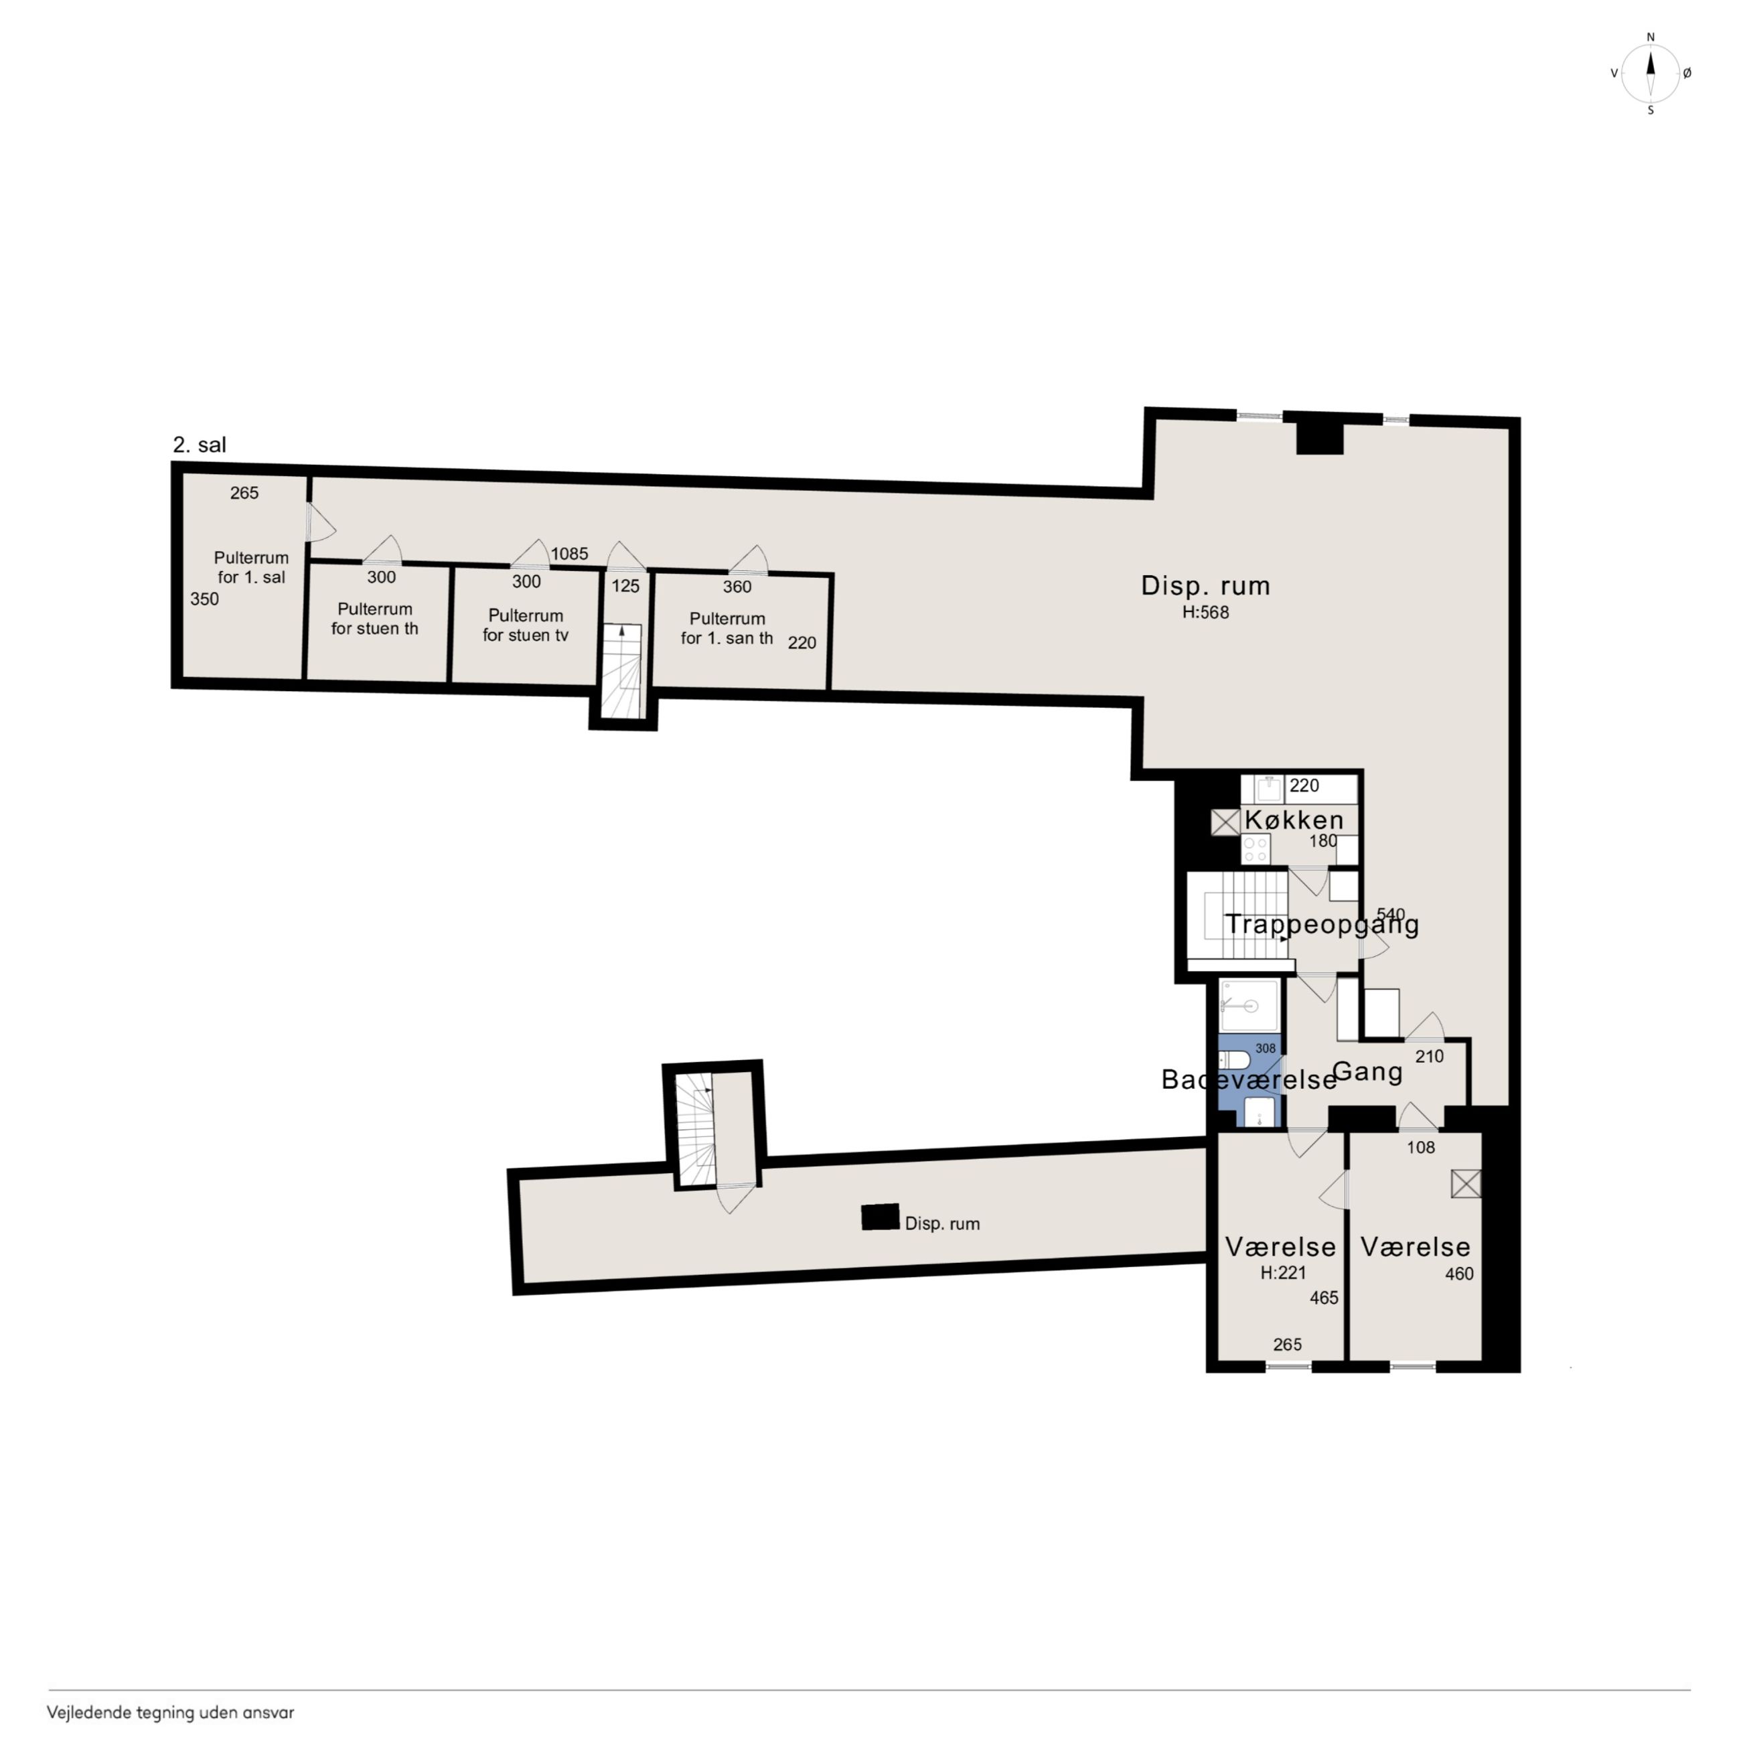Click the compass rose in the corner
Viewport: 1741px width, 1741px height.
(x=1650, y=74)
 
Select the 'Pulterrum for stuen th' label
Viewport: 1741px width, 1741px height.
(x=375, y=619)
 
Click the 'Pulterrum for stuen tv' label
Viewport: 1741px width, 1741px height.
(x=526, y=625)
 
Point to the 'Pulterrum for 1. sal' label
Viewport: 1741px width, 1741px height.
(x=251, y=568)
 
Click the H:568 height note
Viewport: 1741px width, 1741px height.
(x=1206, y=613)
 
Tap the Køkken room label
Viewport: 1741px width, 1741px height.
(x=1294, y=820)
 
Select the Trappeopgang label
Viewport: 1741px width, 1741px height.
(x=1322, y=925)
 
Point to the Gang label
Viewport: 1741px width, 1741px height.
(x=1367, y=1072)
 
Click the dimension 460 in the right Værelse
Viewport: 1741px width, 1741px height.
(x=1460, y=1274)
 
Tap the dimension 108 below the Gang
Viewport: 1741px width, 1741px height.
(x=1421, y=1148)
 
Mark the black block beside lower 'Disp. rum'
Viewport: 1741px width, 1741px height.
(x=881, y=1217)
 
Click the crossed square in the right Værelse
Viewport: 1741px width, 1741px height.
(x=1466, y=1184)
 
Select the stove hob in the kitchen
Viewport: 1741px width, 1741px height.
(x=1256, y=849)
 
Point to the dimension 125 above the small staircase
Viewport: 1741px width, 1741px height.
(x=625, y=587)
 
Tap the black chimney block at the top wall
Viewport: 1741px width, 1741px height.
(x=1320, y=437)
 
